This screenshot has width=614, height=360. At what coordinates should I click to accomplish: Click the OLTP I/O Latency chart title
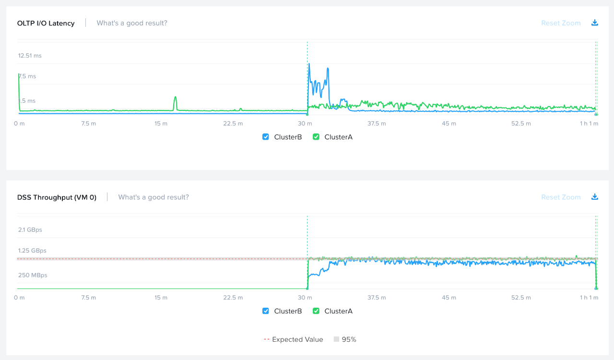pos(46,23)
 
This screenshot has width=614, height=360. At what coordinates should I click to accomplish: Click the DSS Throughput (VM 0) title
pos(57,197)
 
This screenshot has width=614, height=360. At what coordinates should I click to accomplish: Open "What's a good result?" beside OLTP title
pos(132,23)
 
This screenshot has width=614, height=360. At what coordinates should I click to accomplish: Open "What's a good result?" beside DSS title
pos(153,197)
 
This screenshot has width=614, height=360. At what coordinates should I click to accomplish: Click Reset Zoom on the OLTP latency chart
pos(561,23)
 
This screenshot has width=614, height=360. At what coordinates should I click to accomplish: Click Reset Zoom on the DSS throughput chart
pos(561,197)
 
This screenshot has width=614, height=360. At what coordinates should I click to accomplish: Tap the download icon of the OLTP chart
pos(595,23)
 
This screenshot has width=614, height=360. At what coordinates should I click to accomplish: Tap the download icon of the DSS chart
pos(595,197)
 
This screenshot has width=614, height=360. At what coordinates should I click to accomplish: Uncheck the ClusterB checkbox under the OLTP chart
pos(266,137)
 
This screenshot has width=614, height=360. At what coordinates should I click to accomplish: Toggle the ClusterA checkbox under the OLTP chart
pos(316,137)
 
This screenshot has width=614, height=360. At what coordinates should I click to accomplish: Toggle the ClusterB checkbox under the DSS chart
pos(266,311)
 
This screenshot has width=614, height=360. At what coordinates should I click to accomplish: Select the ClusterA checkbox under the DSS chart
pos(316,311)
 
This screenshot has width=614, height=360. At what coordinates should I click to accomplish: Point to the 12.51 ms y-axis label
pos(30,56)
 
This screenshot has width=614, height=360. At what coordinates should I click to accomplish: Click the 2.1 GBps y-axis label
pos(30,230)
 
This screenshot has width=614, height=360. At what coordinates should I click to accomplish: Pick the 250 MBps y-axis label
pos(33,276)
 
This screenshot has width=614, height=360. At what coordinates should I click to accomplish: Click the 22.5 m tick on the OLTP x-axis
pos(233,124)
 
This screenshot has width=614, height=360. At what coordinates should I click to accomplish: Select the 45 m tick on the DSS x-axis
pos(449,298)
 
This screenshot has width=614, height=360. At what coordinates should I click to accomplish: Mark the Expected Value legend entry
pos(294,339)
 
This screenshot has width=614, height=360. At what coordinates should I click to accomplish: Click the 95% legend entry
pos(345,339)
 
